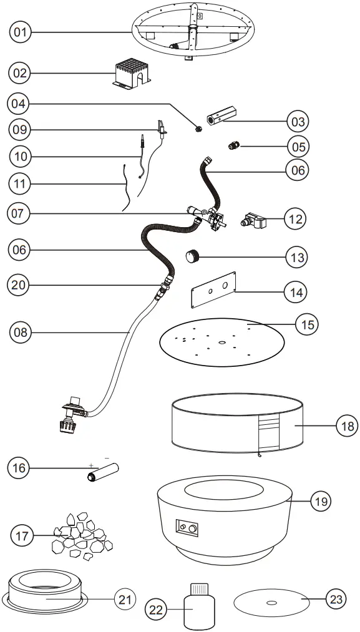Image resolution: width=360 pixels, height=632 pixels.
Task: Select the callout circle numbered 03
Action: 296,120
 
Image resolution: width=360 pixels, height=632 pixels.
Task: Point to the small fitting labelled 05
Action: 235,147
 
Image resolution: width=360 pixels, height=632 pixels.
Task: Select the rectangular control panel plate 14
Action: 213,289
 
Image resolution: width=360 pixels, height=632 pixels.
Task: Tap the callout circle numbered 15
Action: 306,324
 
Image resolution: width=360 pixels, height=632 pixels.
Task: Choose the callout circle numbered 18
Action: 347,427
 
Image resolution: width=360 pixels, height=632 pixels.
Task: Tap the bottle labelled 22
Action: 199,606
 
